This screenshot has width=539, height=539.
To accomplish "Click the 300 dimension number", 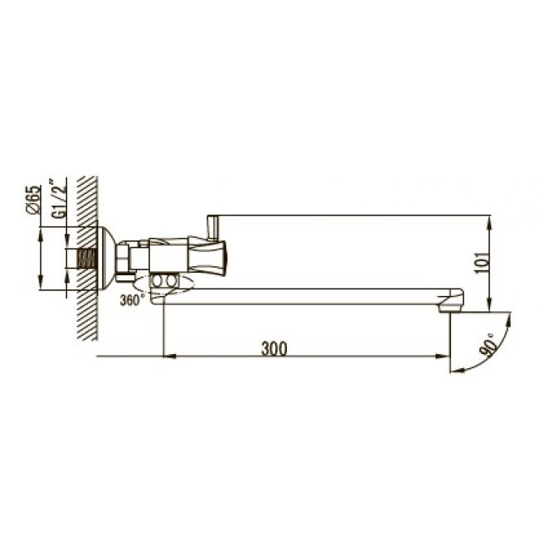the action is (x=274, y=348).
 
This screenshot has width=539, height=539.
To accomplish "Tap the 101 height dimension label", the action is (x=481, y=263).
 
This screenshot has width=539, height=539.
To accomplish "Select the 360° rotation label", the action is (x=130, y=300).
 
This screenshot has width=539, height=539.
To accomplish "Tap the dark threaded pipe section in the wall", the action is (x=86, y=258).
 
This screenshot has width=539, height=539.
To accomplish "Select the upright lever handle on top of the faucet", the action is (x=213, y=227).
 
